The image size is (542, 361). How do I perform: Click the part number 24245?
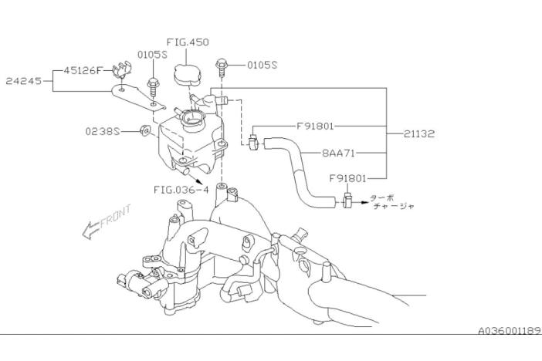(x=23, y=79)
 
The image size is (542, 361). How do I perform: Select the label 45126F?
(x=80, y=71)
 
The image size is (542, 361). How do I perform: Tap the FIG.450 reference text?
(x=187, y=42)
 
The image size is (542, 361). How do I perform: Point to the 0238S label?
(x=103, y=131)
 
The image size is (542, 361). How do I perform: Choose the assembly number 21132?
(x=419, y=133)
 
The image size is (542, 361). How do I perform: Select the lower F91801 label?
(x=346, y=177)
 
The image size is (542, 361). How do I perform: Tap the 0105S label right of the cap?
(x=261, y=66)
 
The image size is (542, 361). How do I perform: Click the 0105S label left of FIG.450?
(x=152, y=55)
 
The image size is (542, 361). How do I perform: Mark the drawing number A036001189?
(x=509, y=329)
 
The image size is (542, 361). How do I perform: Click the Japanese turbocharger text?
(x=393, y=201)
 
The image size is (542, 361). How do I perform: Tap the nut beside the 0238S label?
(x=145, y=130)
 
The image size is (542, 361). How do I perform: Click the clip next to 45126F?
(x=121, y=72)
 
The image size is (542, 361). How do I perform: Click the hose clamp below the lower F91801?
(x=347, y=203)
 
